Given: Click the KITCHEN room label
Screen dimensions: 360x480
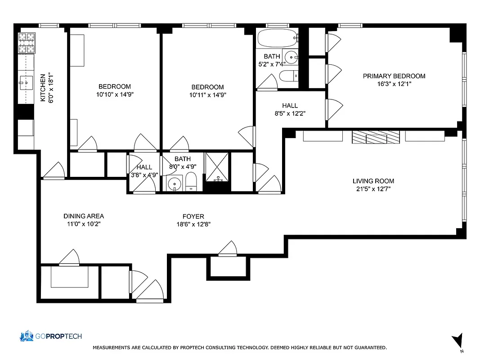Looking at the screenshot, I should tap(43, 88).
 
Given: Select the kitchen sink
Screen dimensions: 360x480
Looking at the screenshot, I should tap(25, 81).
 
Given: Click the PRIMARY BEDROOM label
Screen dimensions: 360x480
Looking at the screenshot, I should tap(394, 76).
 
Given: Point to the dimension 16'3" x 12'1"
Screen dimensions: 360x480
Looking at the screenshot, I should tap(394, 84).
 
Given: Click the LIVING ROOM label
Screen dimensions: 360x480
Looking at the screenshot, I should tap(373, 181).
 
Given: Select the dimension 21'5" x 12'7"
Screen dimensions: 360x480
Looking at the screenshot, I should tap(373, 189).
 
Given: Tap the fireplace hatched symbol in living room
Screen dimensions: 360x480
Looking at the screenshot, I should tap(375, 137).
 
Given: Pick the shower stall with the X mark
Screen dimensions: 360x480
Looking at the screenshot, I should tap(217, 167).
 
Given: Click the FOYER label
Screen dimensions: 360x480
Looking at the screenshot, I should tap(193, 216).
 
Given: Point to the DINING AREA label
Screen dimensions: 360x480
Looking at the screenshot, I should tap(84, 216).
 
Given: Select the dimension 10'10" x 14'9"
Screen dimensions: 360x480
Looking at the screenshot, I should tap(115, 94).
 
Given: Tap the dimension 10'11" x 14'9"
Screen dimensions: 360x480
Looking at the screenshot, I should tap(207, 95).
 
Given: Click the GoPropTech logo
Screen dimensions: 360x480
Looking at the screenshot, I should tap(50, 336).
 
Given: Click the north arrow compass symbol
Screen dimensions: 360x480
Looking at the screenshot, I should tap(458, 341).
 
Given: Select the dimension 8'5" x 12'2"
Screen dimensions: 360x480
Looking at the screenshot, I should tap(290, 113).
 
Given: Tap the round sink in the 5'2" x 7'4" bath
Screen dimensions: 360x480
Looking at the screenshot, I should tap(292, 57).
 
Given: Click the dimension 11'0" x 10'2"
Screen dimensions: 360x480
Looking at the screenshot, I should tap(84, 224).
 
